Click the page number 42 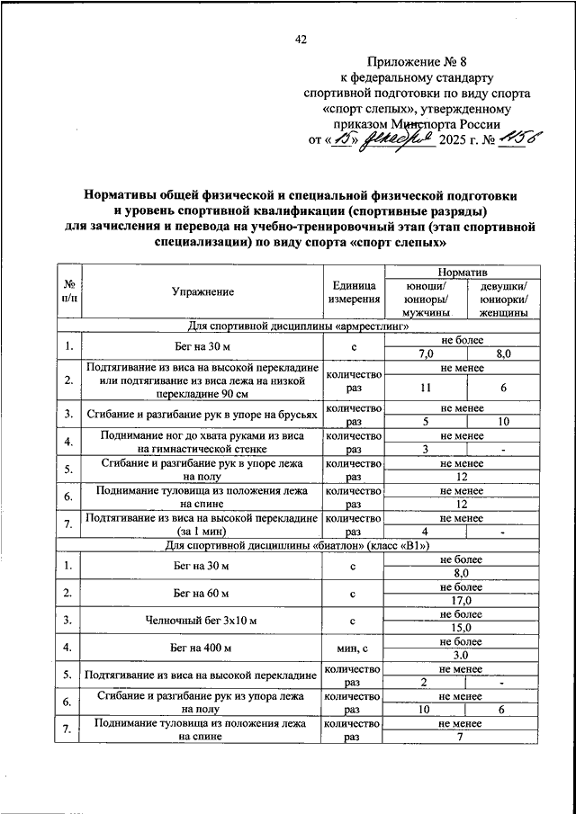point(301,39)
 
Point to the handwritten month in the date point(397,139)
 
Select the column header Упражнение point(202,291)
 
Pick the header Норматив point(462,271)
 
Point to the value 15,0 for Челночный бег point(463,627)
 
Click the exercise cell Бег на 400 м point(202,648)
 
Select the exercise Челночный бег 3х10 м point(202,621)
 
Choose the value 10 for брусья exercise point(503,420)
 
